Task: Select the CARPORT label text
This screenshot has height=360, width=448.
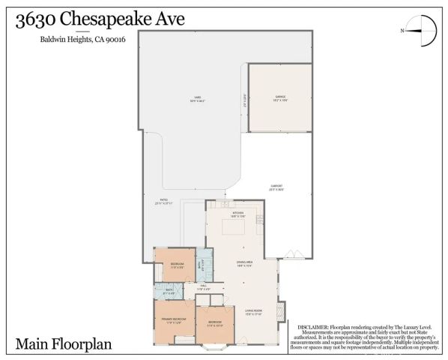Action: (x=276, y=187)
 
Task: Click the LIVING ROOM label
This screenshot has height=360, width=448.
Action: (x=252, y=310)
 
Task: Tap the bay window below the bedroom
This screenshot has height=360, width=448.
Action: (x=215, y=346)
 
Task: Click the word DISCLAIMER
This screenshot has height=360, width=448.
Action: (x=313, y=328)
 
